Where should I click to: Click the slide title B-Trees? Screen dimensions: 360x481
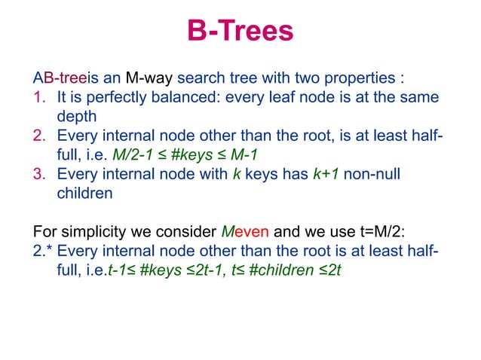240,32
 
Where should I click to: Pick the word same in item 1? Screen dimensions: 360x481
421,97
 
